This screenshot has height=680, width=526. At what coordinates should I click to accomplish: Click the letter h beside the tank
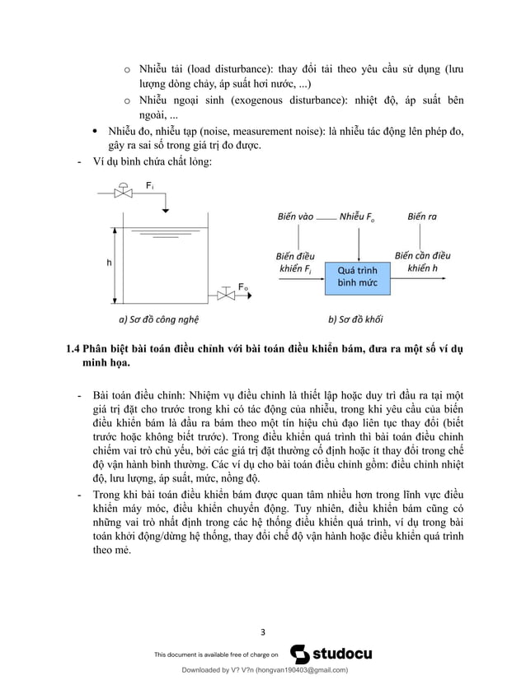(x=109, y=263)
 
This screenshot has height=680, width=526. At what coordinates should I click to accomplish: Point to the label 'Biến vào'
(x=295, y=218)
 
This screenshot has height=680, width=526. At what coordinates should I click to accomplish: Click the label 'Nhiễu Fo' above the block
(x=358, y=218)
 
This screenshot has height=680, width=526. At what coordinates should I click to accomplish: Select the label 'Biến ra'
(x=421, y=218)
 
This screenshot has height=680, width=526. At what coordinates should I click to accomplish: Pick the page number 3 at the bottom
(x=262, y=632)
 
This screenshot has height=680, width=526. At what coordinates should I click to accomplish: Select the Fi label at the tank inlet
(x=149, y=187)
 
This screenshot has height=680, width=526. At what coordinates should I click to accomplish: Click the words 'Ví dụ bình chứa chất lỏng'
(x=153, y=162)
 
